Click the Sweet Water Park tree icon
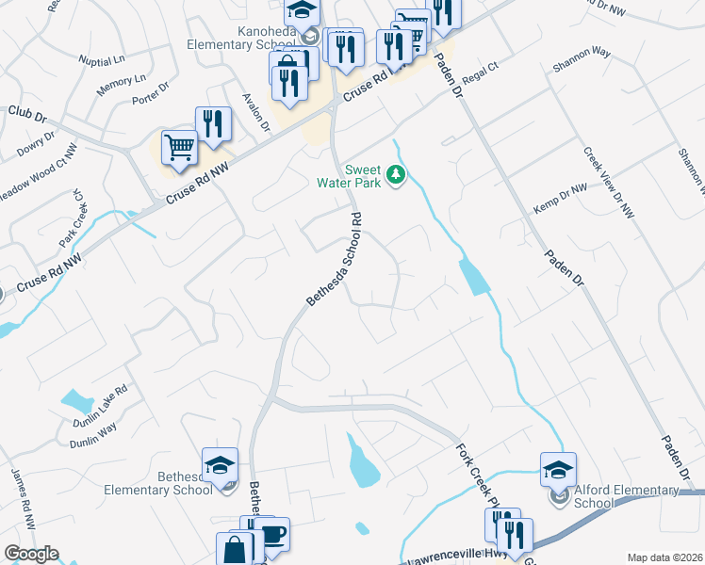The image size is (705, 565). click(x=397, y=174)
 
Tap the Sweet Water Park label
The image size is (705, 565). click(x=362, y=176)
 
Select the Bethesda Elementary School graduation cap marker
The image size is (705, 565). click(x=220, y=465)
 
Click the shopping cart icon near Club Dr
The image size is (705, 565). click(x=179, y=148)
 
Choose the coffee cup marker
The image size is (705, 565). click(x=271, y=535)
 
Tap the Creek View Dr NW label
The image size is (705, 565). click(x=608, y=183)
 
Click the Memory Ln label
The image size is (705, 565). click(x=122, y=85)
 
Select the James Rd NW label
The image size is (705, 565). click(x=24, y=499)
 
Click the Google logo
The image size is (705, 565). click(x=31, y=554)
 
